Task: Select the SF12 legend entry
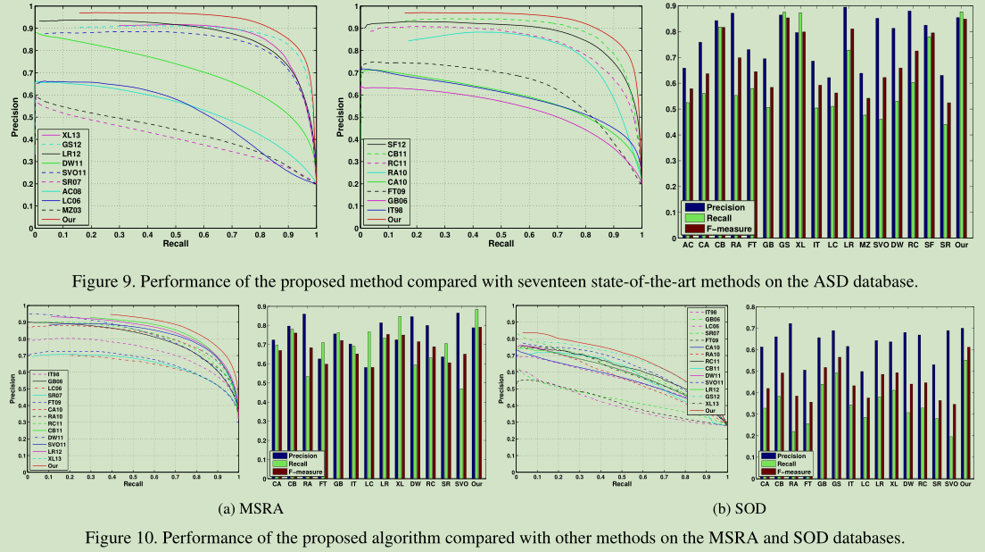[x=398, y=144]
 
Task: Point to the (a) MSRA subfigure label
[x=247, y=509]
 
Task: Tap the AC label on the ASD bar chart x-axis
[x=687, y=244]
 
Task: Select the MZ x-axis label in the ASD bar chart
[x=864, y=244]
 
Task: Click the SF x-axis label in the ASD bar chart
[x=928, y=244]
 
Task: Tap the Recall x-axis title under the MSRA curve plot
[x=133, y=485]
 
